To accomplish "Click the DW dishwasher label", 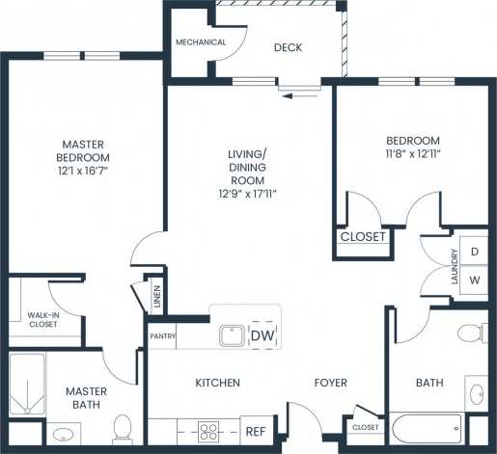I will (262, 335).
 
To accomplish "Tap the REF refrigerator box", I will (256, 432).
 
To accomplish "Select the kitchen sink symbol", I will (230, 335).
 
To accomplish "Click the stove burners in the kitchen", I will (210, 432).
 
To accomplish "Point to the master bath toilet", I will (123, 426).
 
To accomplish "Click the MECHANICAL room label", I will (201, 42).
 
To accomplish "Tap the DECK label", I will (289, 47).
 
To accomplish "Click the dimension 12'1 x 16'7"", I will (82, 172).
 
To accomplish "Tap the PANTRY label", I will (161, 335).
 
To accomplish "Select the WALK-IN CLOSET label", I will (41, 319).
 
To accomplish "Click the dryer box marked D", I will (474, 252).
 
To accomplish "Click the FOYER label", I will (330, 383).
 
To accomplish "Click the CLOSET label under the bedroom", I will (363, 236).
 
